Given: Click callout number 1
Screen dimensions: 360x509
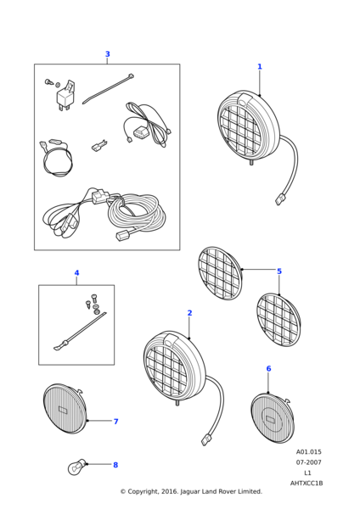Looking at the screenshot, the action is [260, 66].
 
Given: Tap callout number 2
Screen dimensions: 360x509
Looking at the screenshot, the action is [189, 313].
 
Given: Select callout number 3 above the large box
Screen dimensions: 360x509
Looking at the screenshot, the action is [108, 54].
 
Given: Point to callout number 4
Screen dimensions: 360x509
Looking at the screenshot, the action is [76, 272].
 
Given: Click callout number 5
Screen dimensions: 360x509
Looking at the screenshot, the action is [279, 271].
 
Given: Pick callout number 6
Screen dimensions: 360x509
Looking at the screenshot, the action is [268, 369].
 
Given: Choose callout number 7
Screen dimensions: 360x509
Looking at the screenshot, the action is [115, 422].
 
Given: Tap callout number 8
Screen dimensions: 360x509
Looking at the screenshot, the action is [115, 465].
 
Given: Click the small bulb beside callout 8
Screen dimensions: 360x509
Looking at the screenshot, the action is [77, 467].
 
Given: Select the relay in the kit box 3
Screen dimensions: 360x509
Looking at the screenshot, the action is [65, 95].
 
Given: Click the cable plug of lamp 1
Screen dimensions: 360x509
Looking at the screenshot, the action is [278, 199].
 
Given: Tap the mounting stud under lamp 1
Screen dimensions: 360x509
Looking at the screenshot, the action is [251, 162].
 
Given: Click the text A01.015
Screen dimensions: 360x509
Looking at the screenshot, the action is [308, 452].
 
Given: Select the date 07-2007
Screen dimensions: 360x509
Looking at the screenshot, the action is [308, 462].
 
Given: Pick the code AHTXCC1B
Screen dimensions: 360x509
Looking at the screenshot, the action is [307, 484].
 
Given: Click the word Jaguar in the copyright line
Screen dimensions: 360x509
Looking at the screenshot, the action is [189, 492].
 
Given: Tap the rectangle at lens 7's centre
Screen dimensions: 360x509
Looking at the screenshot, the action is [63, 410].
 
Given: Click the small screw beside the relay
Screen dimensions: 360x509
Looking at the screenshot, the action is [48, 81].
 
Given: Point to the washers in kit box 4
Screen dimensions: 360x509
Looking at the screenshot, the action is [97, 310].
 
